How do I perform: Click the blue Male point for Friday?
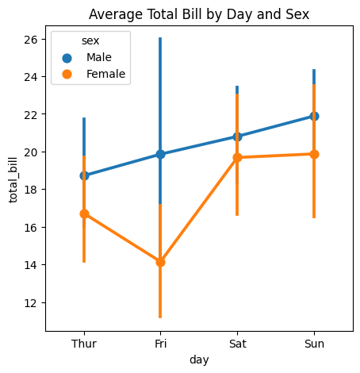160,154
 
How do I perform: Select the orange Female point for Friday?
160,262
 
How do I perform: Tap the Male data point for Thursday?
84,175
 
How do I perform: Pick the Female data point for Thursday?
84,213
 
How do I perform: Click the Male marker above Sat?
237,137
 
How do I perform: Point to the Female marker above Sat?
237,157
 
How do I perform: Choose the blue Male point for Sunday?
314,116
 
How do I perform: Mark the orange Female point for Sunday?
314,154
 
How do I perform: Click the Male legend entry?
86,57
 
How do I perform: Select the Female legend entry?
94,74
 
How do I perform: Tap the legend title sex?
90,40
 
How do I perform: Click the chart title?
199,14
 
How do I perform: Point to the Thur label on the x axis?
84,344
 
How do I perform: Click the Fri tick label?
160,344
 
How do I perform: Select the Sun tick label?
314,344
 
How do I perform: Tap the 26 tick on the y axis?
31,40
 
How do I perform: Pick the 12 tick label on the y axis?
31,303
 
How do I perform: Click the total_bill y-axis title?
13,180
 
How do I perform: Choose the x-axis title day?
199,360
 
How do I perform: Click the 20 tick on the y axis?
31,152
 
